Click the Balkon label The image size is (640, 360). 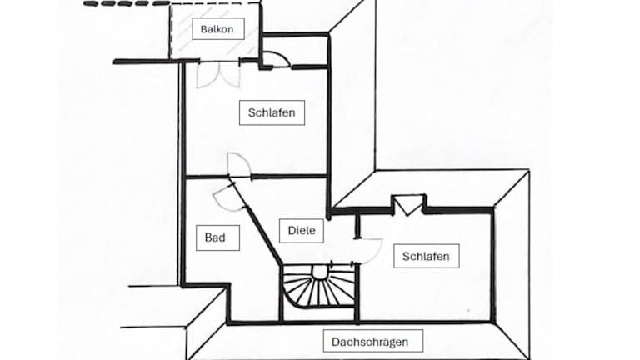(216, 30)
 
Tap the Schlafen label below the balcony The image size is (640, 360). (272, 112)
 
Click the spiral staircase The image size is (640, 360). (317, 291)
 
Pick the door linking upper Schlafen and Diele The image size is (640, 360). (236, 164)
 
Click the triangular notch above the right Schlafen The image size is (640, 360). (407, 204)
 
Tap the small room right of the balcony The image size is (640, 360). (294, 50)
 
